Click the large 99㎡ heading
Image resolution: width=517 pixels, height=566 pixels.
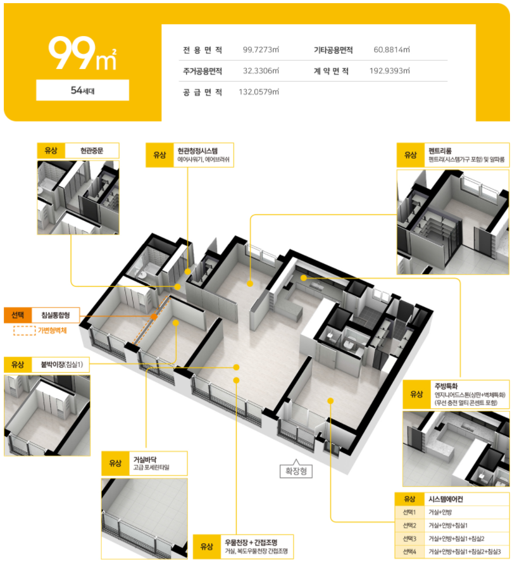tap(83, 53)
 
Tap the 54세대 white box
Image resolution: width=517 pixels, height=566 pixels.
tap(83, 90)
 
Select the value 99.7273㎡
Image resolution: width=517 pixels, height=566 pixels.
tap(261, 49)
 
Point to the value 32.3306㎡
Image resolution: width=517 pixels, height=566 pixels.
tap(261, 71)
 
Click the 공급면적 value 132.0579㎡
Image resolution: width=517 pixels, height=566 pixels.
tap(259, 92)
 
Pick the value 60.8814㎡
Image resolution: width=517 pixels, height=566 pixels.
tap(392, 49)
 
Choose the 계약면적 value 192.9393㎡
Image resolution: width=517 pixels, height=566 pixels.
tap(390, 71)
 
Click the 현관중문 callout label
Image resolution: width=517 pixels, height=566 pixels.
tap(92, 151)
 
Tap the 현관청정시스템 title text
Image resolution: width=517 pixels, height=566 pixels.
tap(197, 151)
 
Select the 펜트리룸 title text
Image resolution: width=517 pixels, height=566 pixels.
tap(440, 151)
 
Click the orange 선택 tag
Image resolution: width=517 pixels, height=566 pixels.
tap(18, 315)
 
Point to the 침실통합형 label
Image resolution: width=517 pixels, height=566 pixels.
tap(56, 315)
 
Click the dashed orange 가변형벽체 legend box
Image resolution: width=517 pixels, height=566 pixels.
tap(25, 330)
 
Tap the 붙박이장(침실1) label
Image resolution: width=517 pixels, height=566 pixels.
tap(61, 365)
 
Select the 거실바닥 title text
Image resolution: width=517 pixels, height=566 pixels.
tap(145, 460)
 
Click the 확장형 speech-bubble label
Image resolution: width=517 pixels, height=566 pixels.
tap(296, 470)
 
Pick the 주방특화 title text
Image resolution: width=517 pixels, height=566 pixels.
tap(446, 386)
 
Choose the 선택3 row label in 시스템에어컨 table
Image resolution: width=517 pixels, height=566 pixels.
tap(409, 539)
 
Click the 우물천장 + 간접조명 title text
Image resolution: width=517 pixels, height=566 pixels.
tap(251, 543)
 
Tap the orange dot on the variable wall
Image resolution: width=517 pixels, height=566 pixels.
tap(154, 317)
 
